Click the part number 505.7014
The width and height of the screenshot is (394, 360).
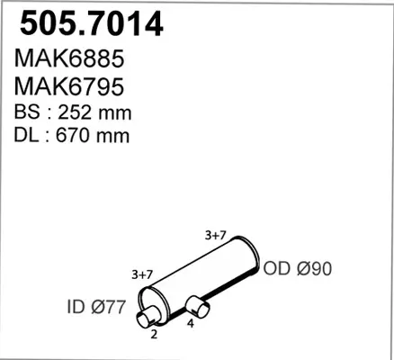point(92,24)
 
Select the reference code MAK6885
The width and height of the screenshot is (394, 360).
point(69,58)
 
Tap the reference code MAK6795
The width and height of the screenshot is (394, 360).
point(69,86)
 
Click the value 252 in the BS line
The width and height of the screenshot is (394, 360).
point(75,112)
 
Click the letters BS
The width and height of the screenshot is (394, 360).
point(27,112)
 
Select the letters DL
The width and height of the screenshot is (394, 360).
point(26,135)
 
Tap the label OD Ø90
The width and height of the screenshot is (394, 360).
point(298,268)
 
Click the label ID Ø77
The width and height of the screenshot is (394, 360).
point(95,307)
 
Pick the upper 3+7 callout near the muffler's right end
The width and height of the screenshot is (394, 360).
point(215,236)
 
